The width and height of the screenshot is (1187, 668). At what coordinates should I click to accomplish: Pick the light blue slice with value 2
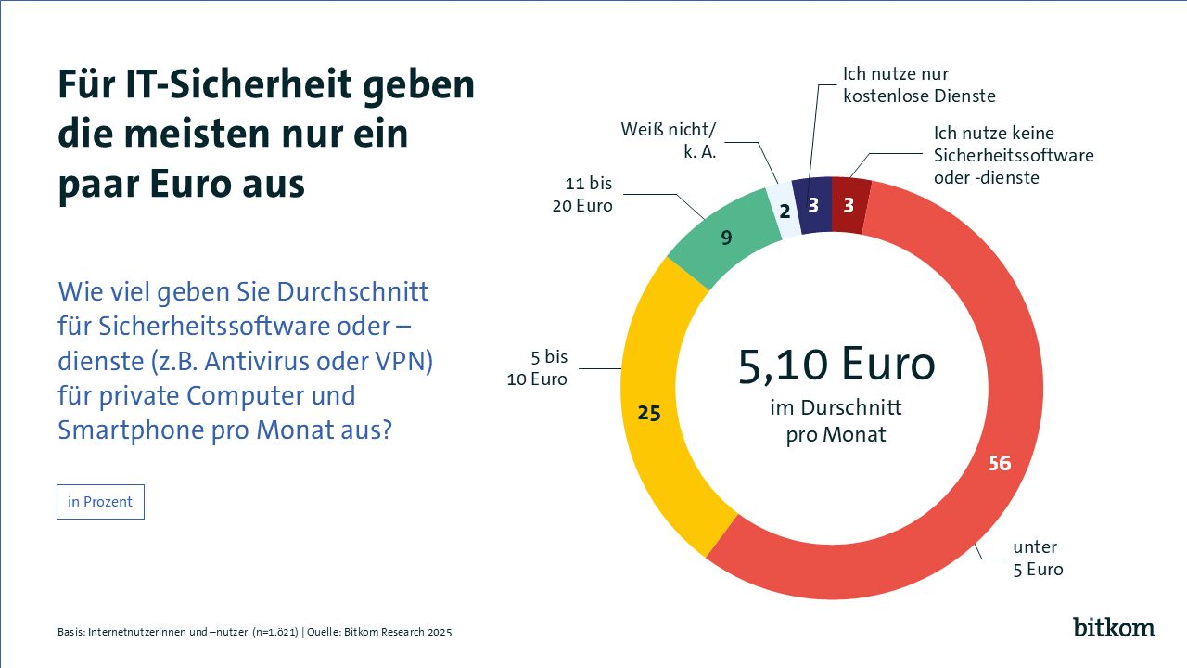pyautogui.click(x=784, y=212)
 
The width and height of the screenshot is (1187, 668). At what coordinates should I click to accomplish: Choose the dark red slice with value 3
pyautogui.click(x=849, y=205)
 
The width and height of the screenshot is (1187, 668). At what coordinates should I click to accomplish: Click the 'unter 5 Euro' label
pyautogui.click(x=1036, y=558)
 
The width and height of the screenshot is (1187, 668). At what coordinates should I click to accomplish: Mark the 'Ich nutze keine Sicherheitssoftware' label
pyautogui.click(x=1014, y=155)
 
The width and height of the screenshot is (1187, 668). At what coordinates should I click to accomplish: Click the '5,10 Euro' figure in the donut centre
pyautogui.click(x=836, y=365)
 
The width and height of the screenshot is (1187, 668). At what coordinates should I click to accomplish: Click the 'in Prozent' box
pyautogui.click(x=100, y=502)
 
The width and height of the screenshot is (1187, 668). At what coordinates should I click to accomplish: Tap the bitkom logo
pyautogui.click(x=1114, y=626)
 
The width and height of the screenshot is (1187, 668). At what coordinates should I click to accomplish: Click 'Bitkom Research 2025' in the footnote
pyautogui.click(x=400, y=633)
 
